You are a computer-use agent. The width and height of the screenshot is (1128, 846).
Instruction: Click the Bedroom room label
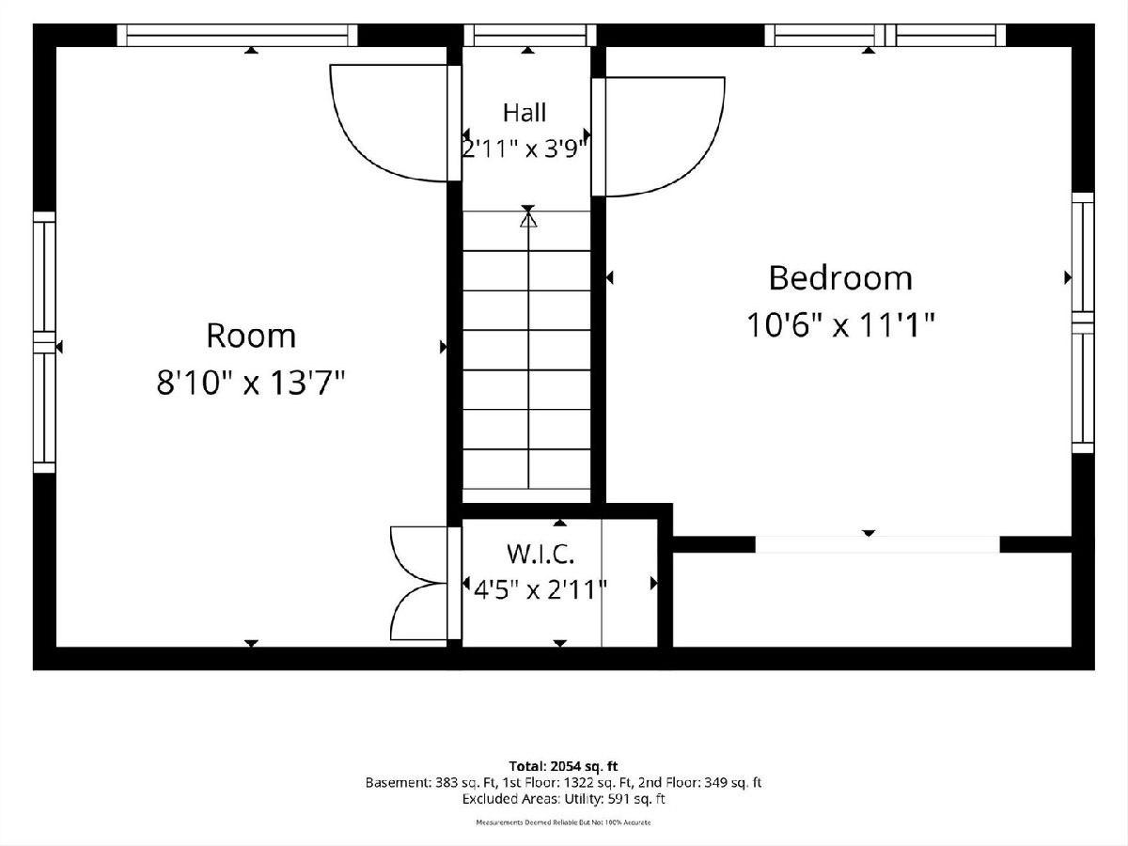(x=840, y=278)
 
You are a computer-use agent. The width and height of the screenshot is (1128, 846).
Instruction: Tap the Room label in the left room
(x=251, y=336)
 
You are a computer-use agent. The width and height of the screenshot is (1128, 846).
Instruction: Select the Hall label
(x=525, y=113)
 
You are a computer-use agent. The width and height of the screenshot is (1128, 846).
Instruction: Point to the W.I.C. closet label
(x=540, y=554)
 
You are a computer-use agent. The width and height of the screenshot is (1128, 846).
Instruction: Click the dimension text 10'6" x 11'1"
(x=840, y=325)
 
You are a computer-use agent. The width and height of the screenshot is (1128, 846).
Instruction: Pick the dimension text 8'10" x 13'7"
(x=250, y=384)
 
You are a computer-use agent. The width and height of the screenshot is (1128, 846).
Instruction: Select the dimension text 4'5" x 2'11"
(x=540, y=589)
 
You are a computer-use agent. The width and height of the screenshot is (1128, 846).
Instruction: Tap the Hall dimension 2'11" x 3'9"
(x=525, y=149)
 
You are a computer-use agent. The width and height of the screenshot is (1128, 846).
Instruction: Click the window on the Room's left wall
(x=44, y=342)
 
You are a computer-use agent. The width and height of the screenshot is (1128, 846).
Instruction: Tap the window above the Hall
(x=529, y=36)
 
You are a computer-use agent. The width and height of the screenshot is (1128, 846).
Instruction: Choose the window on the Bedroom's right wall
(x=1083, y=322)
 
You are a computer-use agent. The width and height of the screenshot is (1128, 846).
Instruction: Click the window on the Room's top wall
(x=237, y=36)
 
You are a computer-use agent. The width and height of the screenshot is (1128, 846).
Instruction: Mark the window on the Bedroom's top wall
(x=885, y=36)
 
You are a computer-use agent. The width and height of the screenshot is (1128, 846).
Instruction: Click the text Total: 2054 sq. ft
(x=563, y=766)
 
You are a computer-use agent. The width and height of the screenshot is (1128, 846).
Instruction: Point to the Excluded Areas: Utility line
(x=563, y=799)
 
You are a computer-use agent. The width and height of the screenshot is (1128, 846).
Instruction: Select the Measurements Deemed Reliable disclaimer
(x=563, y=822)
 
